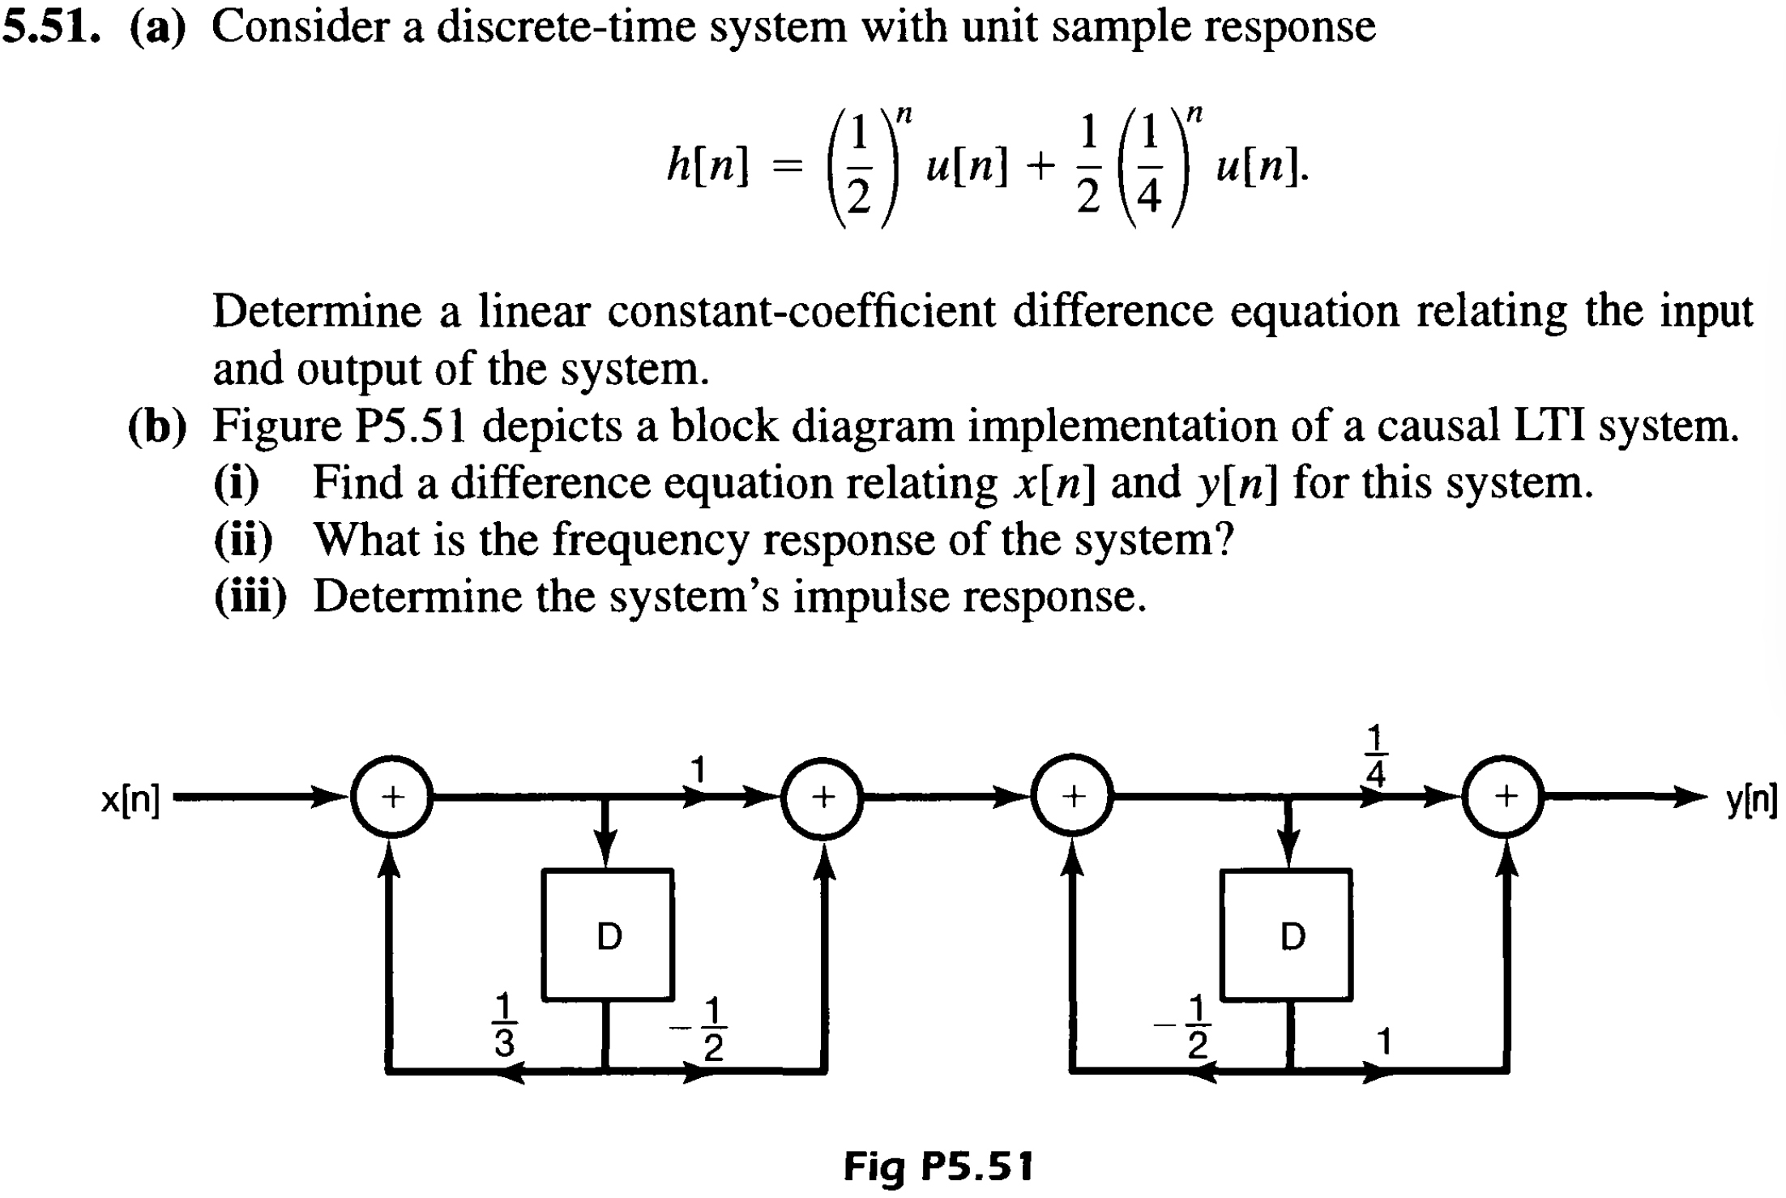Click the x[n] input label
[x=130, y=800]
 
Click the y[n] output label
[x=1750, y=800]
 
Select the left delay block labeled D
[x=608, y=935]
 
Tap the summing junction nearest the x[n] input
[x=392, y=797]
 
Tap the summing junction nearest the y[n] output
[x=1506, y=797]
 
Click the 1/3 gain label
[x=503, y=1025]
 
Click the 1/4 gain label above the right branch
[x=1375, y=756]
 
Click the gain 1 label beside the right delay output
[x=1384, y=1042]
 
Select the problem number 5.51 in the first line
[x=51, y=27]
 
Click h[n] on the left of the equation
[x=707, y=166]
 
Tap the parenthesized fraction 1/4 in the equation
[x=1148, y=167]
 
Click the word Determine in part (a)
[x=317, y=311]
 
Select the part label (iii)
[x=250, y=597]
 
